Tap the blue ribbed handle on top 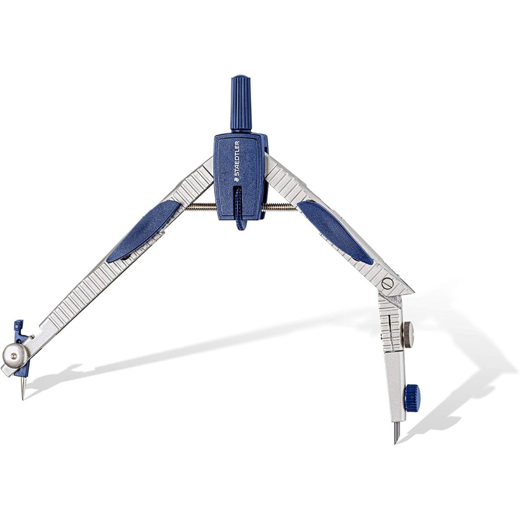pyautogui.click(x=241, y=104)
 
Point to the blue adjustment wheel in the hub pyautogui.click(x=239, y=208)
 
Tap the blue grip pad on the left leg pyautogui.click(x=143, y=231)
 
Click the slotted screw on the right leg pyautogui.click(x=387, y=283)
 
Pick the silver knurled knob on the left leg pyautogui.click(x=15, y=356)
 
